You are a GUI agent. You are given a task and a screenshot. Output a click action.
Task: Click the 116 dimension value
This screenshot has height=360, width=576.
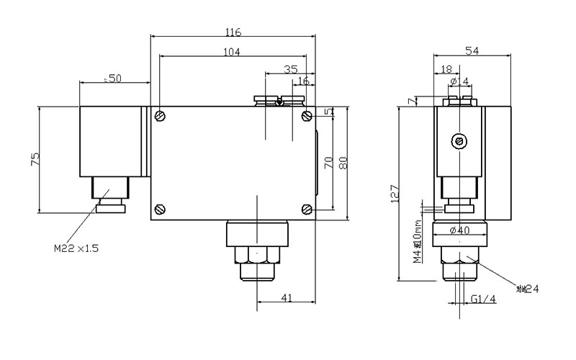tap(233, 32)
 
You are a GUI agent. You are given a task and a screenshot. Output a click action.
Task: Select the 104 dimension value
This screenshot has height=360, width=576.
tap(231, 51)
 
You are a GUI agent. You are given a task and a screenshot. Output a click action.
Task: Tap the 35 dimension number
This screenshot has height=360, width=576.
tap(290, 69)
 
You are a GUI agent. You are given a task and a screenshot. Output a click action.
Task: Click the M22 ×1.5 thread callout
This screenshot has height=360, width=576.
tap(75, 248)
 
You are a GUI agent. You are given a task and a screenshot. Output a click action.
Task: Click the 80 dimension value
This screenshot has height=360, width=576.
tap(343, 162)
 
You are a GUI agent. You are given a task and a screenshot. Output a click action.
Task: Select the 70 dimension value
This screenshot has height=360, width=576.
tap(328, 162)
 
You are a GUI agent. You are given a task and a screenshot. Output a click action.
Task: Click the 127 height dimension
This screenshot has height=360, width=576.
tap(393, 193)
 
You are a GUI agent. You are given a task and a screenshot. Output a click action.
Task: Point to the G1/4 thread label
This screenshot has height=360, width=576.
tap(483, 300)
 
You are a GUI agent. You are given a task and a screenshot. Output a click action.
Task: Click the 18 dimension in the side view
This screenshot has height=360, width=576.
tap(446, 69)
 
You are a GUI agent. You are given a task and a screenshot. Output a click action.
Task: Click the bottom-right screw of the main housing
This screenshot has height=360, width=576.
tap(307, 210)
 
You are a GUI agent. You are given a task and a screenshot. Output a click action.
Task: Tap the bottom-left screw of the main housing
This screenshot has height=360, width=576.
tap(160, 210)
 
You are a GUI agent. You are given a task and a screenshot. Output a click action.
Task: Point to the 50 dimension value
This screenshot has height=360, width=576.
tap(114, 78)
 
